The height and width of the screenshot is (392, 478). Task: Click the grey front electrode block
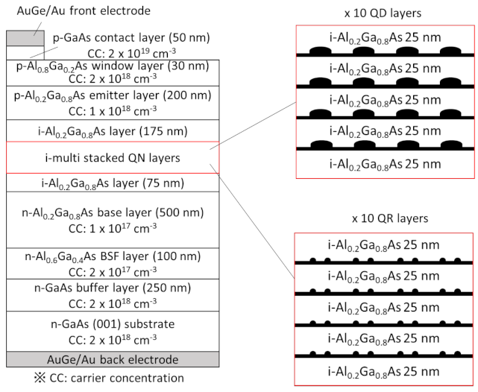pos(25,39)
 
